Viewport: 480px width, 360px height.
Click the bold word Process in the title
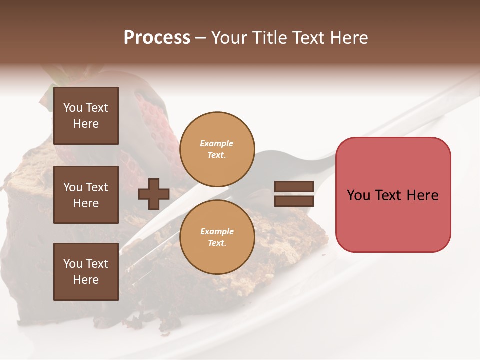coord(157,38)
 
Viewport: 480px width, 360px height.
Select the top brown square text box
coord(86,116)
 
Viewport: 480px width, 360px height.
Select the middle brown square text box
coord(86,195)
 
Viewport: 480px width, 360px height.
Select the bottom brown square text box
coord(86,272)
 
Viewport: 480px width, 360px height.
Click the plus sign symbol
coord(153,194)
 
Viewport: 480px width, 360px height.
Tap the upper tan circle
coord(217,149)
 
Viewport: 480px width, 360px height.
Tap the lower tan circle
coord(217,237)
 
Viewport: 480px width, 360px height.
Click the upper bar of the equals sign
coord(294,187)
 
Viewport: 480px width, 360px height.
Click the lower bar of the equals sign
coord(294,201)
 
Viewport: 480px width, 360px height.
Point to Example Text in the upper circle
coord(217,149)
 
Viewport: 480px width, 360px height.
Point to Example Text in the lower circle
coord(217,237)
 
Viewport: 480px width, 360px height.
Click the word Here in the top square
coord(86,124)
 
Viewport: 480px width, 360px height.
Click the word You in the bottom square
coord(73,264)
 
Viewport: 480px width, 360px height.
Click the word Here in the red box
coord(422,195)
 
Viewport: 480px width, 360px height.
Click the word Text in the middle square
coord(97,187)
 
